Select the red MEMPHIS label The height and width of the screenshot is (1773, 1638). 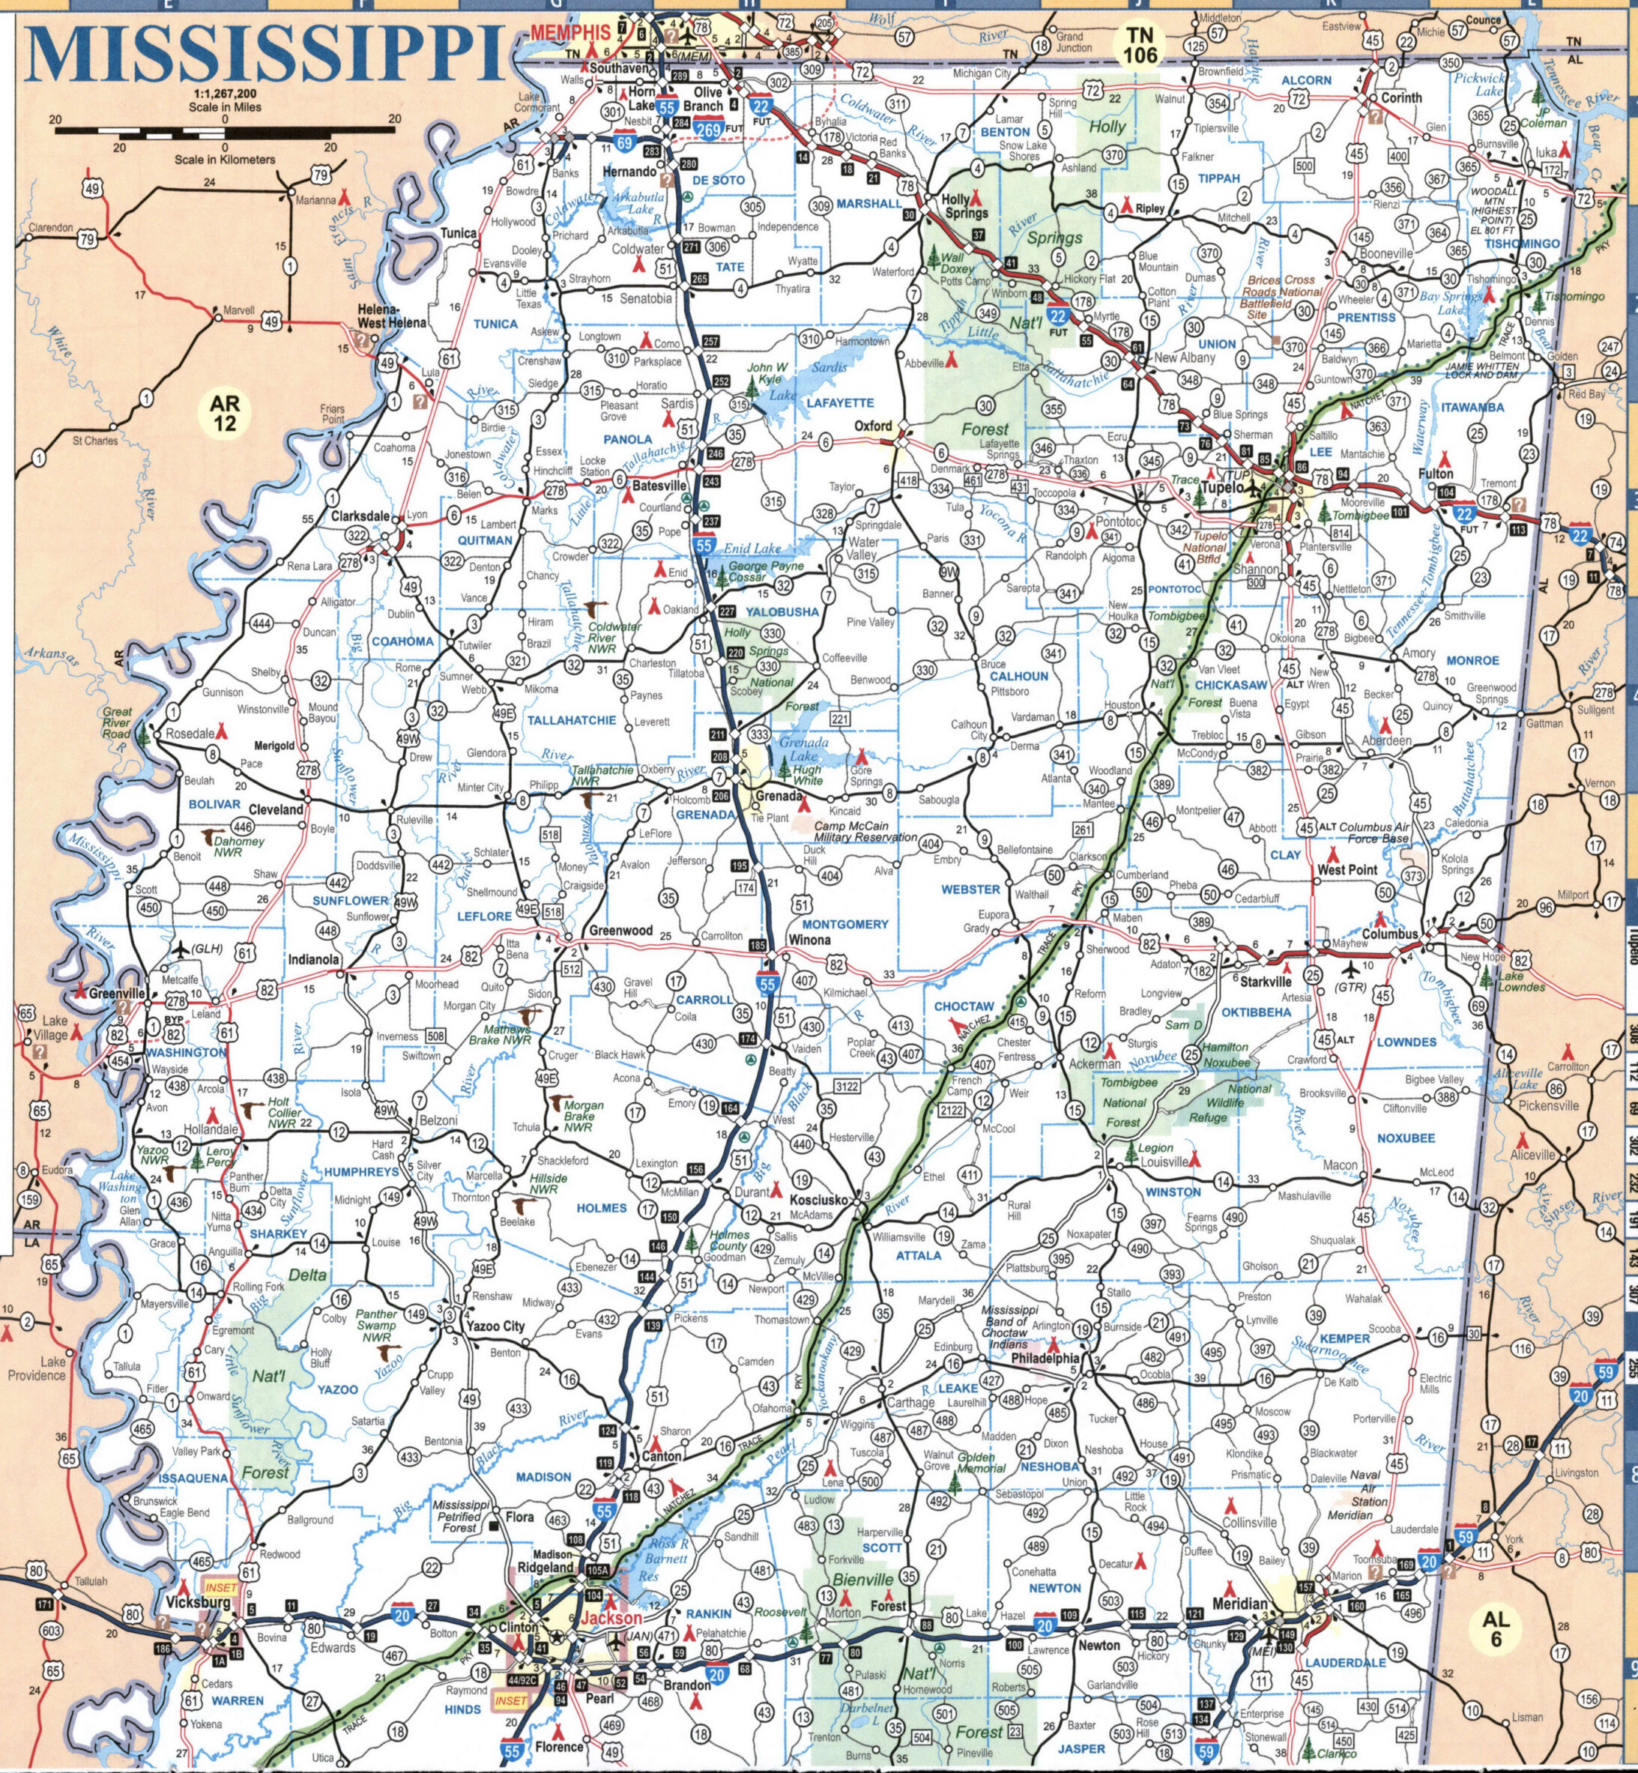pos(571,32)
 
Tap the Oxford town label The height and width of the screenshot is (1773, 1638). pos(873,426)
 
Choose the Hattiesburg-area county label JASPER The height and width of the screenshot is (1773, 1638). pos(1082,1749)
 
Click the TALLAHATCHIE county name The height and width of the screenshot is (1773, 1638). pos(572,721)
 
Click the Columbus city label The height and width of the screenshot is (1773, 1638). pos(1390,934)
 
